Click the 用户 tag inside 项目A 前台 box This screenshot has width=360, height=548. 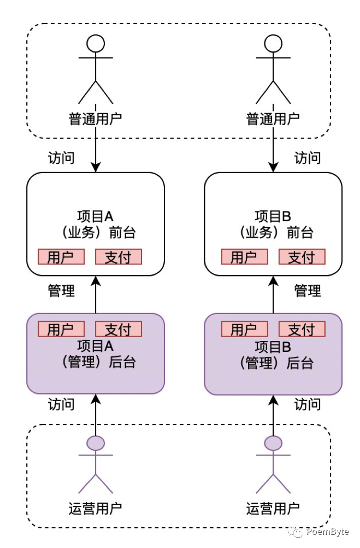coord(61,257)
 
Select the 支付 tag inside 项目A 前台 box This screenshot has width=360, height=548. coord(119,257)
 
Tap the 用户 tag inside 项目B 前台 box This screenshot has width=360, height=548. coord(244,257)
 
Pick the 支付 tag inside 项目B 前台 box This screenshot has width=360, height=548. coord(302,257)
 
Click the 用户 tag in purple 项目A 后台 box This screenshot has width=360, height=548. coord(61,329)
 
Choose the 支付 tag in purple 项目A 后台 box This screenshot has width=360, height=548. coord(119,329)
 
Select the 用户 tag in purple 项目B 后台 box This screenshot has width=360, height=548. coord(244,329)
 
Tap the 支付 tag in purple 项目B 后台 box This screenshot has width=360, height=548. coord(302,329)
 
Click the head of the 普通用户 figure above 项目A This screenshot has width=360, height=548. coord(96,43)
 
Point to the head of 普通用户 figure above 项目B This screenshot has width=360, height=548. coord(273,43)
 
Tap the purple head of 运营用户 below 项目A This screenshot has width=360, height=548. coord(96,443)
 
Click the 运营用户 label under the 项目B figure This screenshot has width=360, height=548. coord(273,509)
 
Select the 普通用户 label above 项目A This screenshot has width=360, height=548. coord(96,119)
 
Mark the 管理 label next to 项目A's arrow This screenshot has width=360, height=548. coord(61,291)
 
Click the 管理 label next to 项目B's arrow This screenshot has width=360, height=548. coord(308,291)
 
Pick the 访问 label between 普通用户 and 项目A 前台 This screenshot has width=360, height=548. coord(61,158)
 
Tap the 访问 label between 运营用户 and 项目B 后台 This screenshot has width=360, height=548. coord(308,404)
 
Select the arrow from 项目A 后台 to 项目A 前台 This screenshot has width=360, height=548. coord(96,295)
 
